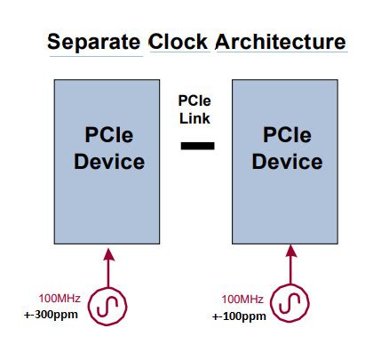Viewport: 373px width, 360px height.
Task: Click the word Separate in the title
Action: pos(94,42)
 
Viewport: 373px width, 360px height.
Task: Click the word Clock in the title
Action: pos(179,42)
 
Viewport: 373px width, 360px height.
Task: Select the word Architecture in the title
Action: pos(280,42)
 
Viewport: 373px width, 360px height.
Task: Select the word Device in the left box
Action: pos(109,162)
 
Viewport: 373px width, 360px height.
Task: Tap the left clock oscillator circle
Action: pos(109,305)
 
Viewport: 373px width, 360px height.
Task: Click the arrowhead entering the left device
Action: pos(109,255)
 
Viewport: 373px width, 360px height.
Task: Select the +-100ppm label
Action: pos(238,316)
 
